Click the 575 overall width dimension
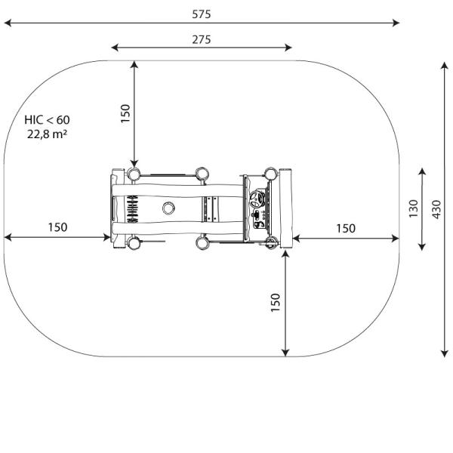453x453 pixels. (x=201, y=14)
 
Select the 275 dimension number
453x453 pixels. (x=201, y=39)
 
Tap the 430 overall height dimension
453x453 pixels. (x=436, y=209)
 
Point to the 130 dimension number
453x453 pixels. (x=414, y=209)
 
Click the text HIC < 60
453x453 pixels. (x=46, y=120)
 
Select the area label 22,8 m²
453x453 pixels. (x=46, y=134)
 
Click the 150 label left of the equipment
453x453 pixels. (x=57, y=226)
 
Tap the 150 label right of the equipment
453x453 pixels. (x=346, y=228)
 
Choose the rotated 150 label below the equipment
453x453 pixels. (x=276, y=303)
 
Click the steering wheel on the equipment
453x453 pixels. (x=258, y=200)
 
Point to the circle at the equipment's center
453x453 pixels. (x=168, y=208)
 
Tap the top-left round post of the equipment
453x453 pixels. (x=134, y=174)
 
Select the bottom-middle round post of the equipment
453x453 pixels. (x=201, y=243)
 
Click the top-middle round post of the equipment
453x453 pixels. (x=201, y=174)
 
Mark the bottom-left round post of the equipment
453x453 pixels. (x=134, y=243)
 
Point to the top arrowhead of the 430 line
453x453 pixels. (x=445, y=66)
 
